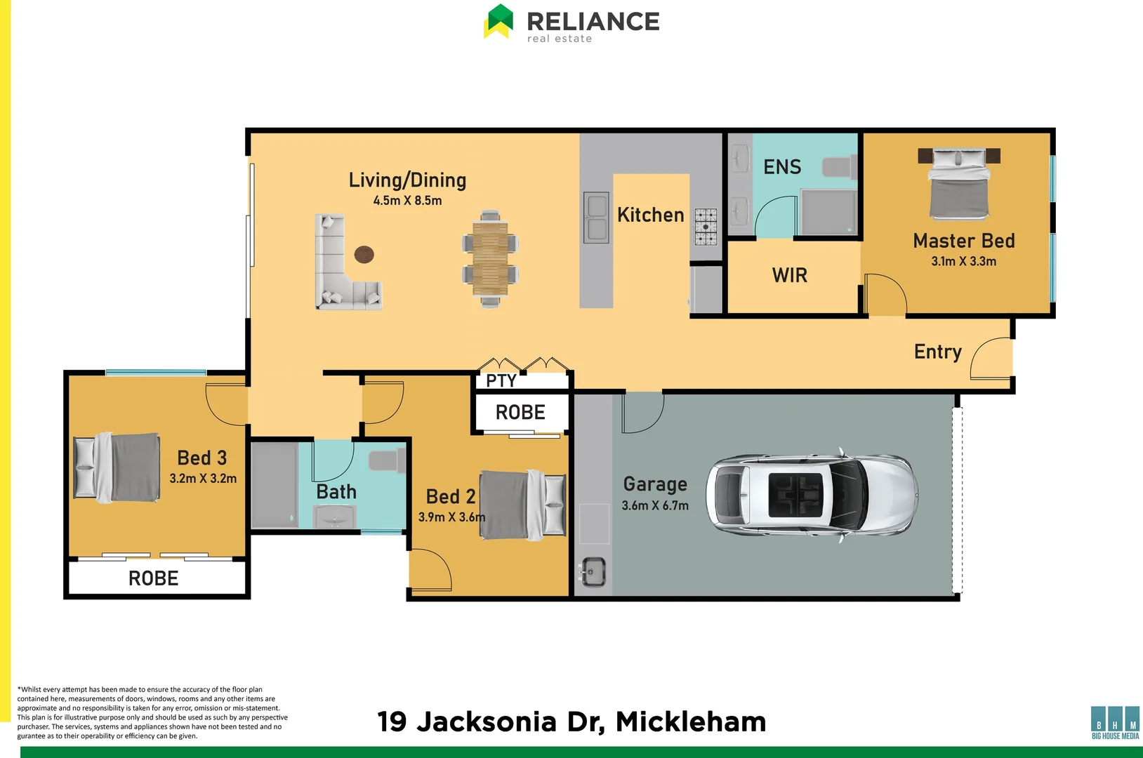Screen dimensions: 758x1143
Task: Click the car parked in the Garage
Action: point(811,495)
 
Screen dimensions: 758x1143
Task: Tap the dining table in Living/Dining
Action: point(490,258)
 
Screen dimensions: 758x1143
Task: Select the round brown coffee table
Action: point(364,254)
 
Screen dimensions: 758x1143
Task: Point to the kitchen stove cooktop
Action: point(706,227)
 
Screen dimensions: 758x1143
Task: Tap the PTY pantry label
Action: point(501,380)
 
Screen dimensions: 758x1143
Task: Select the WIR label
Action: point(790,275)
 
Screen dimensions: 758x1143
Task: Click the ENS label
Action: point(782,167)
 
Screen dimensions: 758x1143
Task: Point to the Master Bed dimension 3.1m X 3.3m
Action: point(963,261)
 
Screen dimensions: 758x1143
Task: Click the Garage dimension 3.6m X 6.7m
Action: point(654,505)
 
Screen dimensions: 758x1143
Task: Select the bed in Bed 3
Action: point(117,467)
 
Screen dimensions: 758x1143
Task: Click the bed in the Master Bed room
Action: point(959,183)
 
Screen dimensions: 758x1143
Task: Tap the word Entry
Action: point(937,352)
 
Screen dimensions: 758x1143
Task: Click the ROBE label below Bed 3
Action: point(153,578)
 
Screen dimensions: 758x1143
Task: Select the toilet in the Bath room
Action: point(386,461)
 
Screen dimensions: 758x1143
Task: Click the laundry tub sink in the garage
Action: point(593,571)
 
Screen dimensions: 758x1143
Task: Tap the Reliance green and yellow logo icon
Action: point(498,21)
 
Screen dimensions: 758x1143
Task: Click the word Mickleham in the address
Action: point(691,722)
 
